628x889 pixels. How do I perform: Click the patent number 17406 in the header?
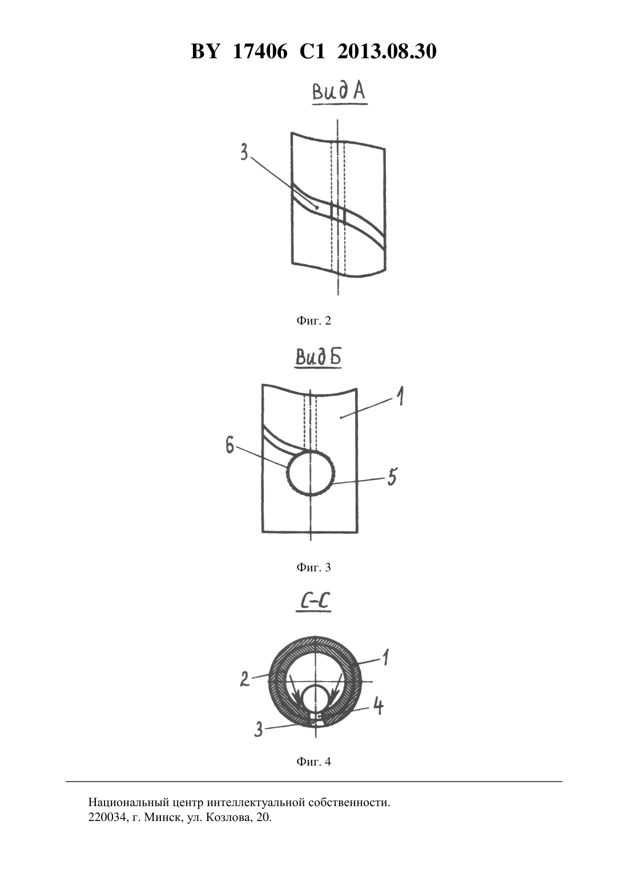[260, 51]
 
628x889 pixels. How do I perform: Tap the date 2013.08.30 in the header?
[387, 51]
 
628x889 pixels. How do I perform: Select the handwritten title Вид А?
[339, 92]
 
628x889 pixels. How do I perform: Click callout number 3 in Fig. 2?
[244, 152]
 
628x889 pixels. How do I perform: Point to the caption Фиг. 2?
[313, 321]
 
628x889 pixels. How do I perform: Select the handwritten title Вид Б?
[319, 357]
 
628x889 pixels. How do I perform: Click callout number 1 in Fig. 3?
[401, 397]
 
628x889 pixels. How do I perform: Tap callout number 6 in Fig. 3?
[230, 446]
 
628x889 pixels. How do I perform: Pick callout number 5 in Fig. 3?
[392, 476]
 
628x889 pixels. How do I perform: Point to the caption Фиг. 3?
[313, 567]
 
